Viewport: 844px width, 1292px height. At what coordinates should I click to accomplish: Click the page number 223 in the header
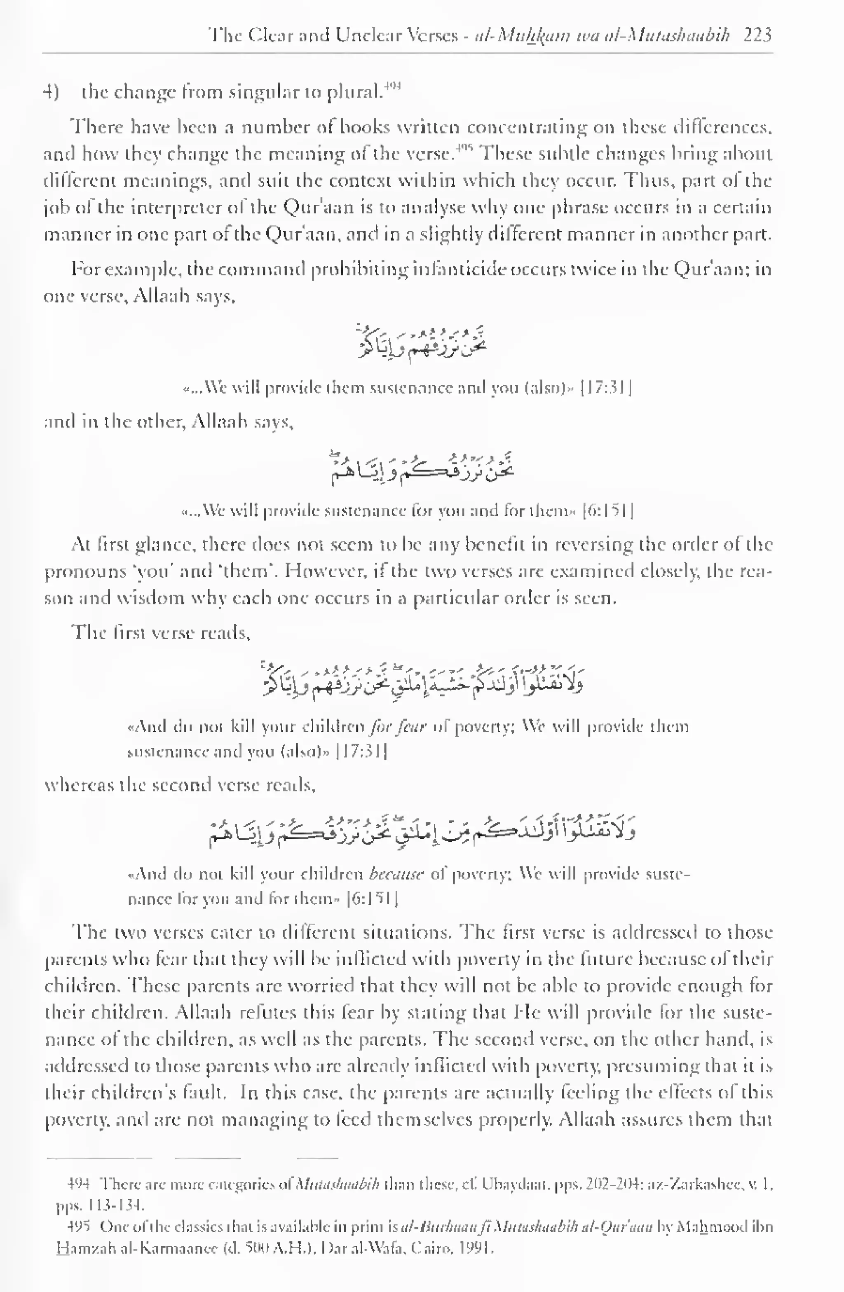pyautogui.click(x=757, y=35)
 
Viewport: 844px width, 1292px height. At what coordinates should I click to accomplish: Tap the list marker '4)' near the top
pyautogui.click(x=51, y=92)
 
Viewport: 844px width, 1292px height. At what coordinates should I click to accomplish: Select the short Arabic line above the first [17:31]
pyautogui.click(x=422, y=343)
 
